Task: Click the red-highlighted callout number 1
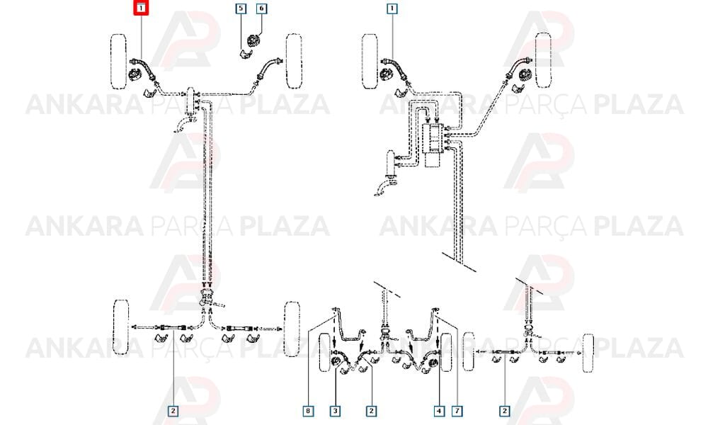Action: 141,8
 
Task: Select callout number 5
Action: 241,8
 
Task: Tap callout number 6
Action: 261,8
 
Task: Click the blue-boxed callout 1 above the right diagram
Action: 392,8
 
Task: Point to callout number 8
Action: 308,411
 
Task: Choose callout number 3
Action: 335,411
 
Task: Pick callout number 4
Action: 439,411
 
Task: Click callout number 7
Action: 457,411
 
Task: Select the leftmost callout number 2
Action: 173,411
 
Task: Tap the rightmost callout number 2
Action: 504,411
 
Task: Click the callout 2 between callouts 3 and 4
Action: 371,411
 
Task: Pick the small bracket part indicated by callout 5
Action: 244,54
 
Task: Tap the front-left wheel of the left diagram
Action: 119,61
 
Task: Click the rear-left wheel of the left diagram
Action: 121,327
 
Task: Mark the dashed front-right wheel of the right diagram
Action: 543,61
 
